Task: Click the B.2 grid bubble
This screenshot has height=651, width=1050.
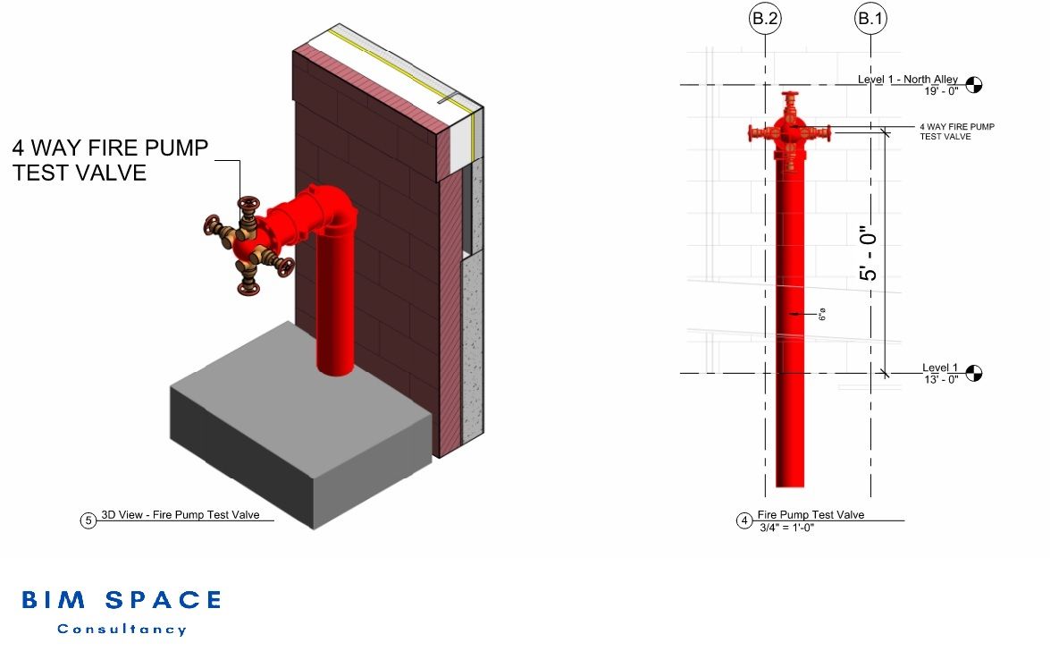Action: click(766, 18)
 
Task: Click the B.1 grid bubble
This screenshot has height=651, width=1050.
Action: click(871, 18)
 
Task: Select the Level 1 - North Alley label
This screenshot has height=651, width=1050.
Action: click(907, 80)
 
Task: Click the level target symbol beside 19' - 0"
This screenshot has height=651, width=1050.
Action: click(974, 85)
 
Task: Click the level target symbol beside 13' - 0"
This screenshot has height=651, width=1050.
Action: click(974, 373)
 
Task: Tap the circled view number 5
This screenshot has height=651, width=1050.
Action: click(88, 520)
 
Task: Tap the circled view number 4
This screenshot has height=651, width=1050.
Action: click(744, 520)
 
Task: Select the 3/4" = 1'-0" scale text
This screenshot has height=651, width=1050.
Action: click(786, 528)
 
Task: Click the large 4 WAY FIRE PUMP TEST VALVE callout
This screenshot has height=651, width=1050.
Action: click(110, 160)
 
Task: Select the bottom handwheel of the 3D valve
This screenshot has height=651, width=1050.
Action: click(248, 288)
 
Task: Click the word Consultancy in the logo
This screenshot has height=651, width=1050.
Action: click(122, 630)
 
